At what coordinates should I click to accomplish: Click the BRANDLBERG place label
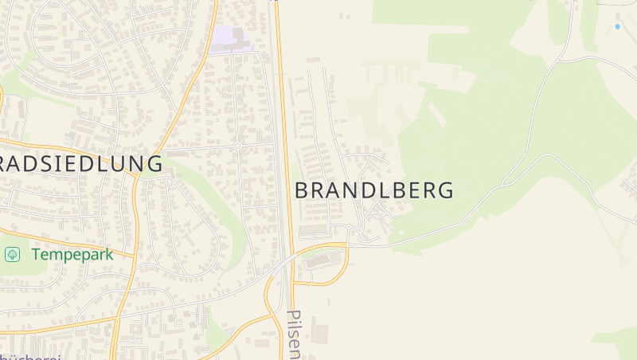click(374, 190)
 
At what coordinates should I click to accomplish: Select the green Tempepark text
click(72, 255)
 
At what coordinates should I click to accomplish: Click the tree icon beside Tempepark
click(13, 254)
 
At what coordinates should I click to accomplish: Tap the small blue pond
click(617, 27)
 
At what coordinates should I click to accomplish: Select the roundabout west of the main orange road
click(237, 146)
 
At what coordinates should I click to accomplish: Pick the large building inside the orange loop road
click(322, 260)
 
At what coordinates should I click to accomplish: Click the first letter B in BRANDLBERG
click(303, 190)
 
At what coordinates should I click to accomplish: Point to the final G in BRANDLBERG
click(445, 190)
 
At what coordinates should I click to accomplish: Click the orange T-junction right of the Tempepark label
click(134, 256)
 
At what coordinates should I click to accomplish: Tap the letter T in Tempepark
click(36, 255)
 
